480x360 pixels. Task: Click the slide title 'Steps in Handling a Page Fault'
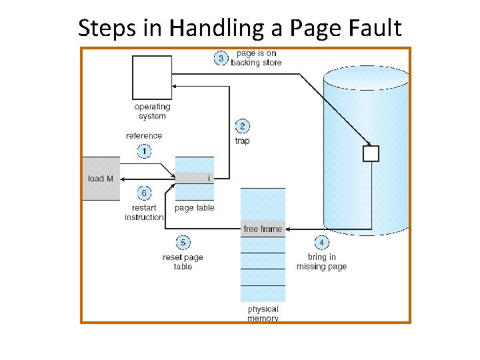pos(240,28)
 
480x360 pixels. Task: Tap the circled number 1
pos(144,151)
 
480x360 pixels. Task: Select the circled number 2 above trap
pos(242,126)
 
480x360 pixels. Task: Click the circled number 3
pos(221,58)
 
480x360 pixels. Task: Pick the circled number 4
pos(321,243)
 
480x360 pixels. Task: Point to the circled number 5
pos(183,243)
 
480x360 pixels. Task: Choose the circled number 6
pos(144,193)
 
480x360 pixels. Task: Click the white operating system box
pos(152,77)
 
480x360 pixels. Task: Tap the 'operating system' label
pos(152,111)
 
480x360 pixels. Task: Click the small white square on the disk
pos(370,154)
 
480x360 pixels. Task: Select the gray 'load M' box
pos(101,179)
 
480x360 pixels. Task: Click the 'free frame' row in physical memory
pos(263,229)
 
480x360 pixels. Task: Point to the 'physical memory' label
pos(263,314)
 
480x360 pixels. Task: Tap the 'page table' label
pos(195,208)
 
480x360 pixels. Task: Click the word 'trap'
pos(242,141)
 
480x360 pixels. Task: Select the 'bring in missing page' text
pos(322,262)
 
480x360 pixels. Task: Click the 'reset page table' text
pos(183,262)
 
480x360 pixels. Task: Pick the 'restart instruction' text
pos(144,212)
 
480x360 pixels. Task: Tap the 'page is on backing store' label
pos(256,58)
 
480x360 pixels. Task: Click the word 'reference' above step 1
pos(144,136)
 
